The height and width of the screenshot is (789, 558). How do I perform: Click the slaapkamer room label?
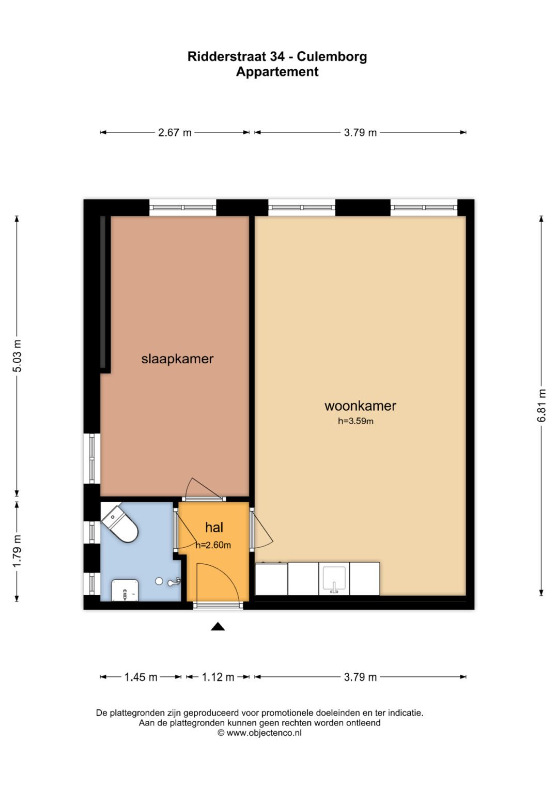[x=177, y=359]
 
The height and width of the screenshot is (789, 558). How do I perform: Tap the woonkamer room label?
[x=360, y=406]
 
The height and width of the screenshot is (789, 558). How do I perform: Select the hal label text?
[x=214, y=528]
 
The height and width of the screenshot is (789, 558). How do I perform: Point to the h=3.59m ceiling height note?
[x=355, y=421]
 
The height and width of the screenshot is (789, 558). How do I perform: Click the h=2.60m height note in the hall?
[x=213, y=545]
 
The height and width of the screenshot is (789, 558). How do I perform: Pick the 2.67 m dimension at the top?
[x=175, y=133]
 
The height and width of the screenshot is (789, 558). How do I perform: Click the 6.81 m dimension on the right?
[x=541, y=406]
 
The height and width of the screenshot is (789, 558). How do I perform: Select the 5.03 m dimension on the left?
[x=17, y=356]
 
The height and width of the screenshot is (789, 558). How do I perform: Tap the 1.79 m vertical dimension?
[x=17, y=551]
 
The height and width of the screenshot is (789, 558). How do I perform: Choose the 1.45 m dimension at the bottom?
[x=141, y=677]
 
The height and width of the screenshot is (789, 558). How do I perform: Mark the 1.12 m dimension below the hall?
[x=218, y=677]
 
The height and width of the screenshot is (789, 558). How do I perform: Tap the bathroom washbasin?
[x=125, y=591]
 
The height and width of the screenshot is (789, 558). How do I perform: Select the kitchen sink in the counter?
[x=334, y=579]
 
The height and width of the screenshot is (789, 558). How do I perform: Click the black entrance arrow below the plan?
[x=218, y=627]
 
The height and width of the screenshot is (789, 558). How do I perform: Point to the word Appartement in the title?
[x=277, y=72]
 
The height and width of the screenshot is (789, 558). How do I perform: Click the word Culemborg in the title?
[x=332, y=56]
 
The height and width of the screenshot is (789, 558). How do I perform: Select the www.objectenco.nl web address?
[x=263, y=733]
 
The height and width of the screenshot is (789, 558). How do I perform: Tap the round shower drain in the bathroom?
[x=159, y=581]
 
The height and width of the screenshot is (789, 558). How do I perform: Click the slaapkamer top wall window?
[x=183, y=208]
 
